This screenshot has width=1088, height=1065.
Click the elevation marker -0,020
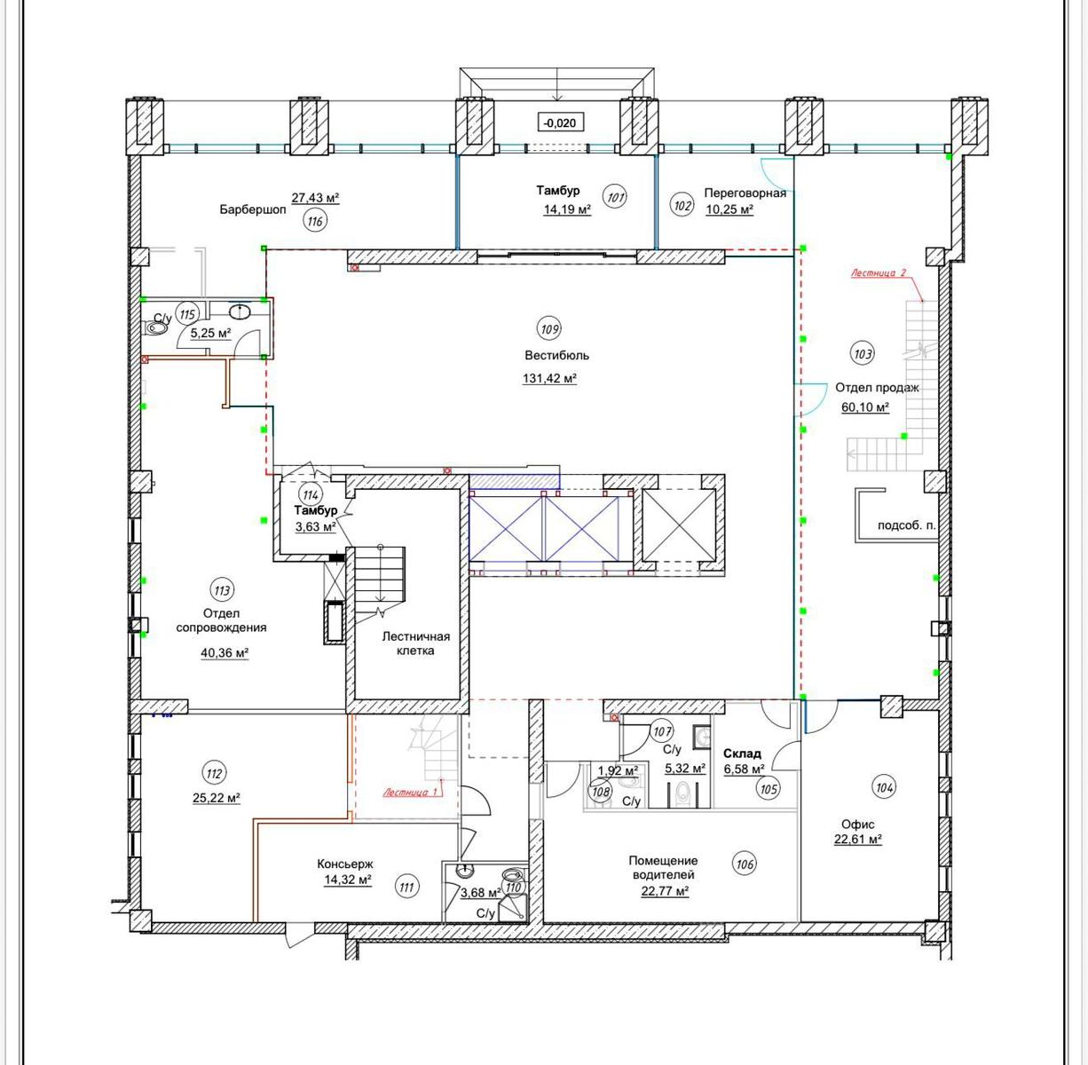560,122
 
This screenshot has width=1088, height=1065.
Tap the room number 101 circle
615,197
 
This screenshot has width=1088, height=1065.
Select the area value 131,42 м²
549,378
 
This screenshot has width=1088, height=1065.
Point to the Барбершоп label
253,209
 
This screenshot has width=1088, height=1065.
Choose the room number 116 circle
315,221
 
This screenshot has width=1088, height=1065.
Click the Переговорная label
745,193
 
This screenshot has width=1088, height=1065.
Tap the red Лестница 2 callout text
878,273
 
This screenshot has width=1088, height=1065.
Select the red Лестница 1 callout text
411,793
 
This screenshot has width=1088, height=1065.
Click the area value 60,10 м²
865,407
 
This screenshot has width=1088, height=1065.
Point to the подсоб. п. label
906,525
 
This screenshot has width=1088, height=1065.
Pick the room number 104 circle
884,786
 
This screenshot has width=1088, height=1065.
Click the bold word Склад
743,753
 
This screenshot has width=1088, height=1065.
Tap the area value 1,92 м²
619,770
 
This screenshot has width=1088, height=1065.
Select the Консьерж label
345,864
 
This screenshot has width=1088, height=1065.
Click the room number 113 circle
222,590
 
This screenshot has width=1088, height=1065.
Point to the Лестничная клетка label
415,643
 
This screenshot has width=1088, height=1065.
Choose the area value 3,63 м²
316,527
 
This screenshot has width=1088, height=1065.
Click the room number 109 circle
549,328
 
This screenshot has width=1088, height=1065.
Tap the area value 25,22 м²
217,798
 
